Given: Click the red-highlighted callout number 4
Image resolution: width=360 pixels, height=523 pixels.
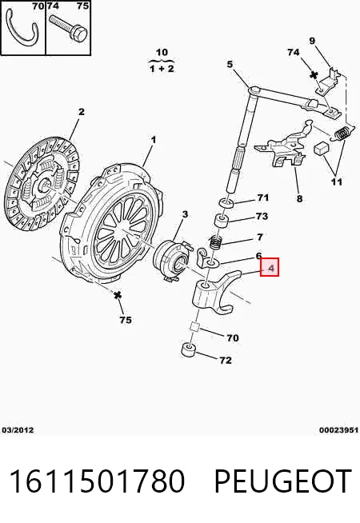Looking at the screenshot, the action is (x=271, y=268).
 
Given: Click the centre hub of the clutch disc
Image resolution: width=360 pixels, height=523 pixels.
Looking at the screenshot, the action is (x=44, y=186).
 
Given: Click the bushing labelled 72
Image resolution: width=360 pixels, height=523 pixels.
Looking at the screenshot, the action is (x=188, y=349).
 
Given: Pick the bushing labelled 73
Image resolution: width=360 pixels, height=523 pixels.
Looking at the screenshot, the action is (x=221, y=222).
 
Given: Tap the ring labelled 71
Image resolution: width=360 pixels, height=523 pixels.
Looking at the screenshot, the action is (x=226, y=202).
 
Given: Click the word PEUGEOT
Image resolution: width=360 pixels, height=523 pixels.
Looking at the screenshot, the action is (x=282, y=481).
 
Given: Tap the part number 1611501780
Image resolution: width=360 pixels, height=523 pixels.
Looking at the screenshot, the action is (x=97, y=481).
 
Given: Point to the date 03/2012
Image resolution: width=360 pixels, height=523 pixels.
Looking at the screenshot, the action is (x=18, y=430).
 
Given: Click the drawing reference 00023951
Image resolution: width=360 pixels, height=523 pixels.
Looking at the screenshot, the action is (x=338, y=430).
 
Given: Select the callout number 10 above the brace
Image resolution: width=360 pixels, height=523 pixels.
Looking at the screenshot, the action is (x=162, y=52).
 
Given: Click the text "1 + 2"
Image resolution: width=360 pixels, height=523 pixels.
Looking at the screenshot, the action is (x=162, y=69).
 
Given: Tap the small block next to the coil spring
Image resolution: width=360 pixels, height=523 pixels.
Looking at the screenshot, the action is (x=322, y=147).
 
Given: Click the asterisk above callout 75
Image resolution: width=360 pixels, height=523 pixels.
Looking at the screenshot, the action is (x=117, y=295).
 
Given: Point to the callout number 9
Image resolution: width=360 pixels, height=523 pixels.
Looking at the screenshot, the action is (x=312, y=41).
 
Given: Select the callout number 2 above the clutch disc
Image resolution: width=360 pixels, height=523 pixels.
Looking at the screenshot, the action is (x=82, y=112).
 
